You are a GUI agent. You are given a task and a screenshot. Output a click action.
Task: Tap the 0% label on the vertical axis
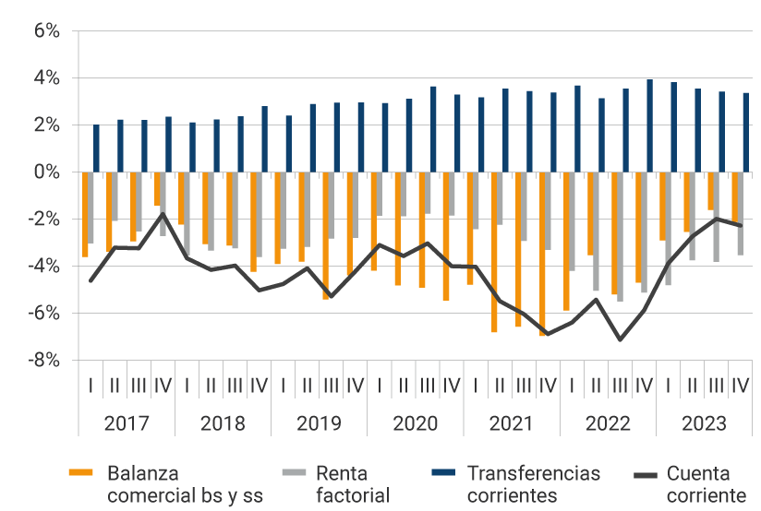[x=47, y=172]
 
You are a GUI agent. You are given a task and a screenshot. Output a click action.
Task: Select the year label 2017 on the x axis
[x=127, y=424]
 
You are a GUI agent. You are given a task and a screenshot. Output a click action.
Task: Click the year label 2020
[x=415, y=424]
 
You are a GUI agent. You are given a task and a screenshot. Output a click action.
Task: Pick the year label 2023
[x=704, y=424]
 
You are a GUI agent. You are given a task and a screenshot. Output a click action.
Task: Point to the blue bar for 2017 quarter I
[x=96, y=148]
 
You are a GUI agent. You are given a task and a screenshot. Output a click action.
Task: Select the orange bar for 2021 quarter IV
[x=542, y=254]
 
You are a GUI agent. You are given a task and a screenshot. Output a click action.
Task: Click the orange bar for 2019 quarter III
[x=325, y=235]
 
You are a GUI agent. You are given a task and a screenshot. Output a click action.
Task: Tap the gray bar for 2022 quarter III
[x=620, y=236]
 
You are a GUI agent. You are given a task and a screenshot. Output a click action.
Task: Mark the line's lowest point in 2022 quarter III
[x=620, y=339]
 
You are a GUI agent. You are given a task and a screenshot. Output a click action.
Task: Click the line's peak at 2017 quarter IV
[x=163, y=214]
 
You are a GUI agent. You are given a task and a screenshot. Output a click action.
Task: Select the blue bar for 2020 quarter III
[x=433, y=129]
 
